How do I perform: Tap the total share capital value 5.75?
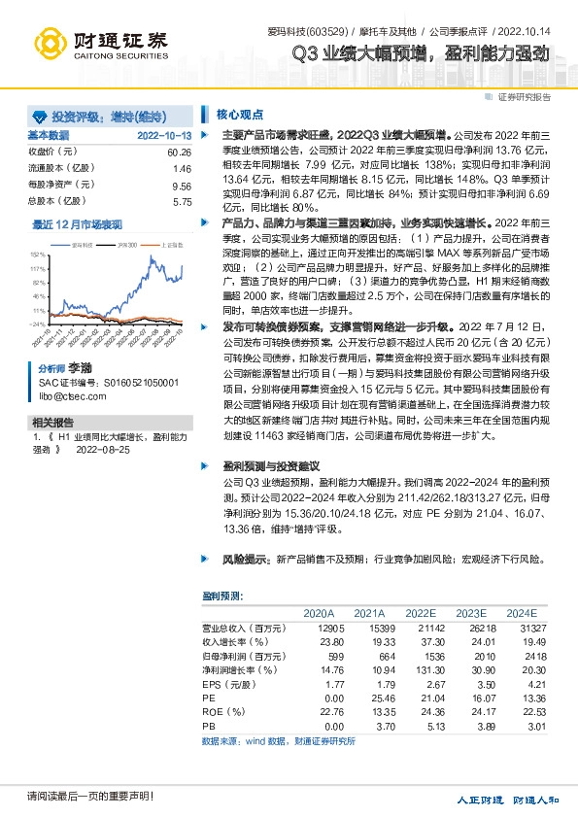[183, 201]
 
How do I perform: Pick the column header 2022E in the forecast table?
[421, 614]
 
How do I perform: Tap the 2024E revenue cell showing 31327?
[521, 629]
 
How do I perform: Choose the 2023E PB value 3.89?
[472, 725]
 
